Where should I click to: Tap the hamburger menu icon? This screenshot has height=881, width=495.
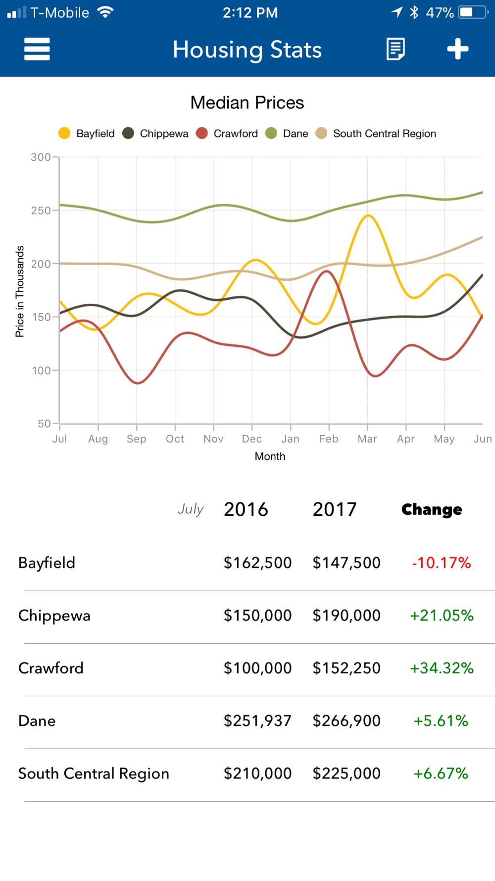click(37, 49)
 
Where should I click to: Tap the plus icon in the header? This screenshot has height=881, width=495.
click(457, 49)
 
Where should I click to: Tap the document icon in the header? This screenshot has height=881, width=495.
click(396, 49)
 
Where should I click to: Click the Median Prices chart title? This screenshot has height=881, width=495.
click(247, 103)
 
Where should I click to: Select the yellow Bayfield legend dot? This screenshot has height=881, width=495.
click(64, 133)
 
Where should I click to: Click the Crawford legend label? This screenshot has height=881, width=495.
click(236, 134)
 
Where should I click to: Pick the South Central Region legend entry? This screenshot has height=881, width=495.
click(384, 134)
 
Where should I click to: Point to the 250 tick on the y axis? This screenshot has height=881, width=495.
click(41, 211)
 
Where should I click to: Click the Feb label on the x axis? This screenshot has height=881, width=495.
click(329, 439)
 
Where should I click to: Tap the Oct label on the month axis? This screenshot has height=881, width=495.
click(175, 439)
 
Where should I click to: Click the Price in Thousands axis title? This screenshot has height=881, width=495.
click(20, 291)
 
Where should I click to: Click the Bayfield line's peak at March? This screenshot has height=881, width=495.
click(368, 216)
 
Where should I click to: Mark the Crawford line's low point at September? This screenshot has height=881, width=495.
click(137, 383)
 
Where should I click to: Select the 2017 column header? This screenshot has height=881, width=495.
click(335, 509)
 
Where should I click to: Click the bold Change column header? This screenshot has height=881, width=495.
click(432, 509)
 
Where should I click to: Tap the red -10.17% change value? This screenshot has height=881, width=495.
click(441, 563)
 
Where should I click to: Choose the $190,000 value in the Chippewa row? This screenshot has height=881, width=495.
click(346, 615)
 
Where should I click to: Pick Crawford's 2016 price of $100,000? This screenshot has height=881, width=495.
click(257, 668)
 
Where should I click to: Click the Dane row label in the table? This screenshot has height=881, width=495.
click(37, 721)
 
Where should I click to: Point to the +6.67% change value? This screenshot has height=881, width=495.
click(441, 773)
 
